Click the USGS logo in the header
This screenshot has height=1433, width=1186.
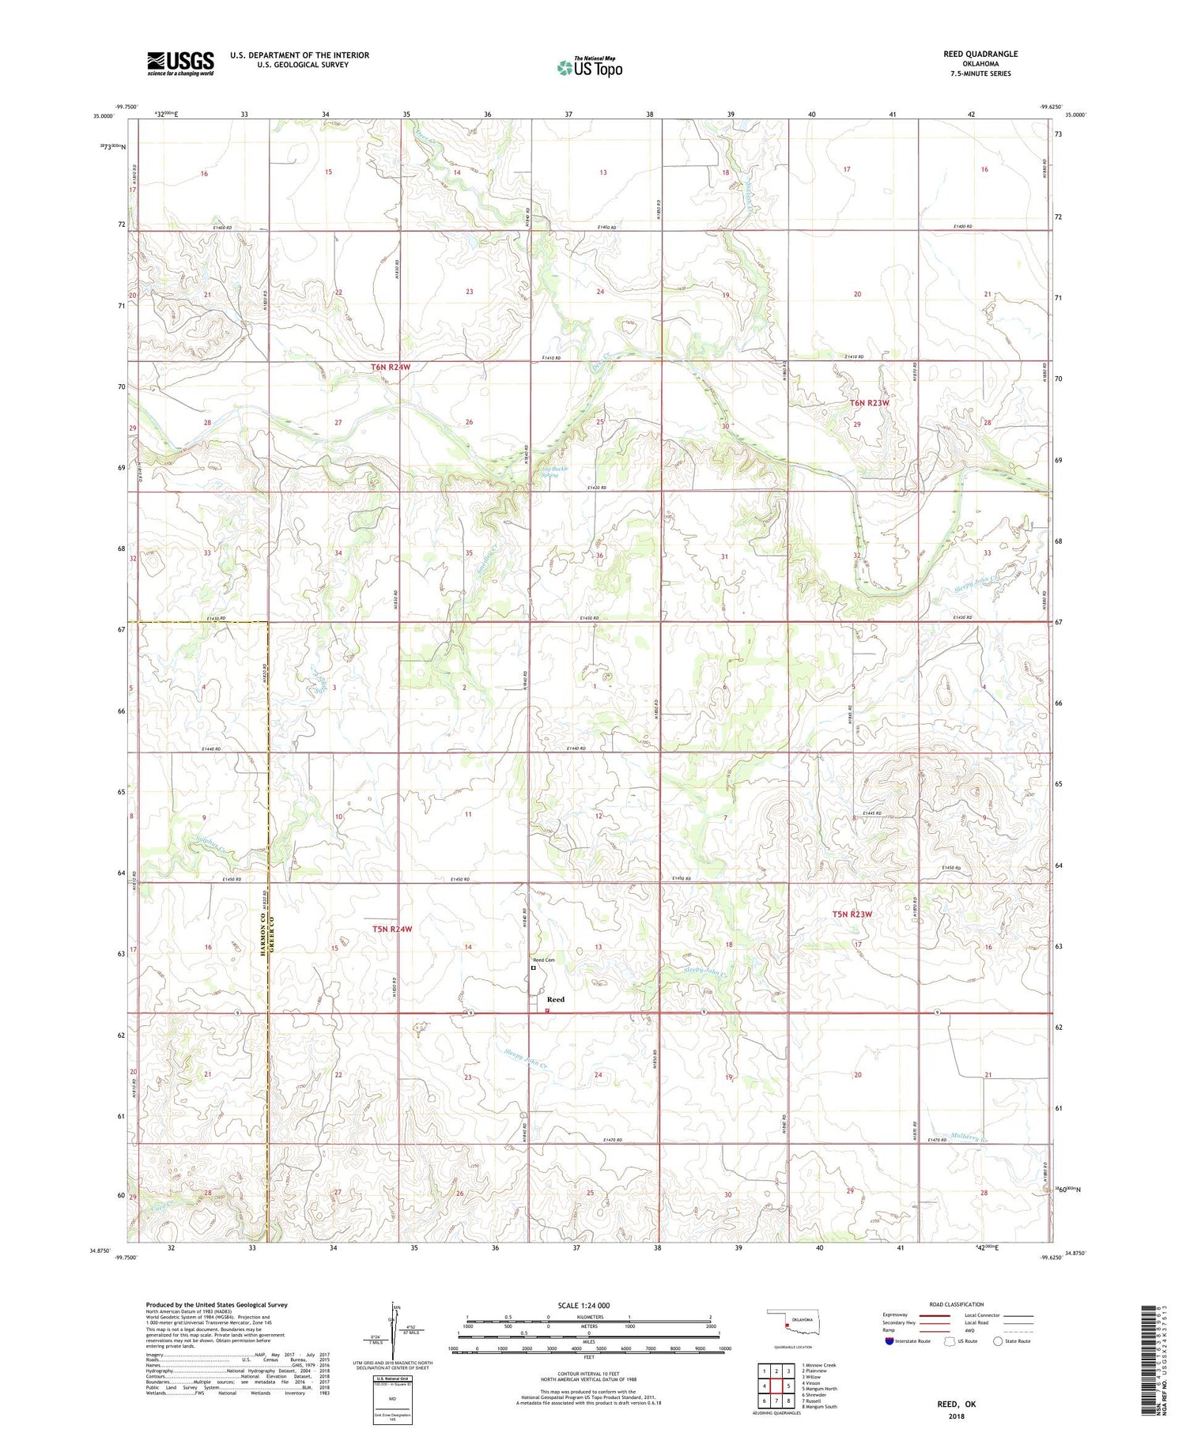(x=180, y=63)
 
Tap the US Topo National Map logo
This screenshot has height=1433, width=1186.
(x=589, y=68)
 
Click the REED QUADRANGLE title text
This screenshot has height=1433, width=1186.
(x=980, y=54)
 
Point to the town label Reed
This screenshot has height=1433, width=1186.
(x=556, y=999)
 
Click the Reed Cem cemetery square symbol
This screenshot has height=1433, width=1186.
(x=533, y=967)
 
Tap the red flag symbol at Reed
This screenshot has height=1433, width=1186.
(x=547, y=1009)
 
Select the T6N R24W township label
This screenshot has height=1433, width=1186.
(x=391, y=368)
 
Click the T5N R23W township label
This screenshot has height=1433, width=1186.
(x=852, y=914)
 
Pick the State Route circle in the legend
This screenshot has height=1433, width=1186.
(x=998, y=1341)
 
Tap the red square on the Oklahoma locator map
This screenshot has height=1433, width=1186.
(x=787, y=1324)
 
